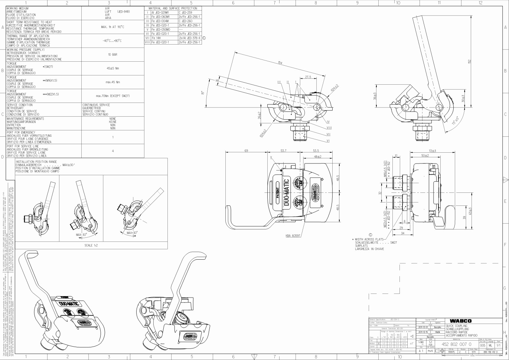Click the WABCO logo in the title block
pos(461,321)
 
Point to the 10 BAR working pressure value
pos(112,55)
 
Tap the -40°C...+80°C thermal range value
pos(112,41)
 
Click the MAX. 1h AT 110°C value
pos(112,27)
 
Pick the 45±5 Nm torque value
pos(112,68)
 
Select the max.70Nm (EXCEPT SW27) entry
pos(112,96)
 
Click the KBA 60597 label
pos(293,236)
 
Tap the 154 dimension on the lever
pos(280,63)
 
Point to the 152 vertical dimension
pos(469,62)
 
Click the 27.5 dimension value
pos(308,77)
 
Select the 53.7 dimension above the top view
pos(283,150)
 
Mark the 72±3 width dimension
pos(432,150)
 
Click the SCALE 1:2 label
pos(91,245)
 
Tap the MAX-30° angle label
pos(81,235)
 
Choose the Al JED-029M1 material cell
pos(160,13)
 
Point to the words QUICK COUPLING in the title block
pos(457,326)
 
